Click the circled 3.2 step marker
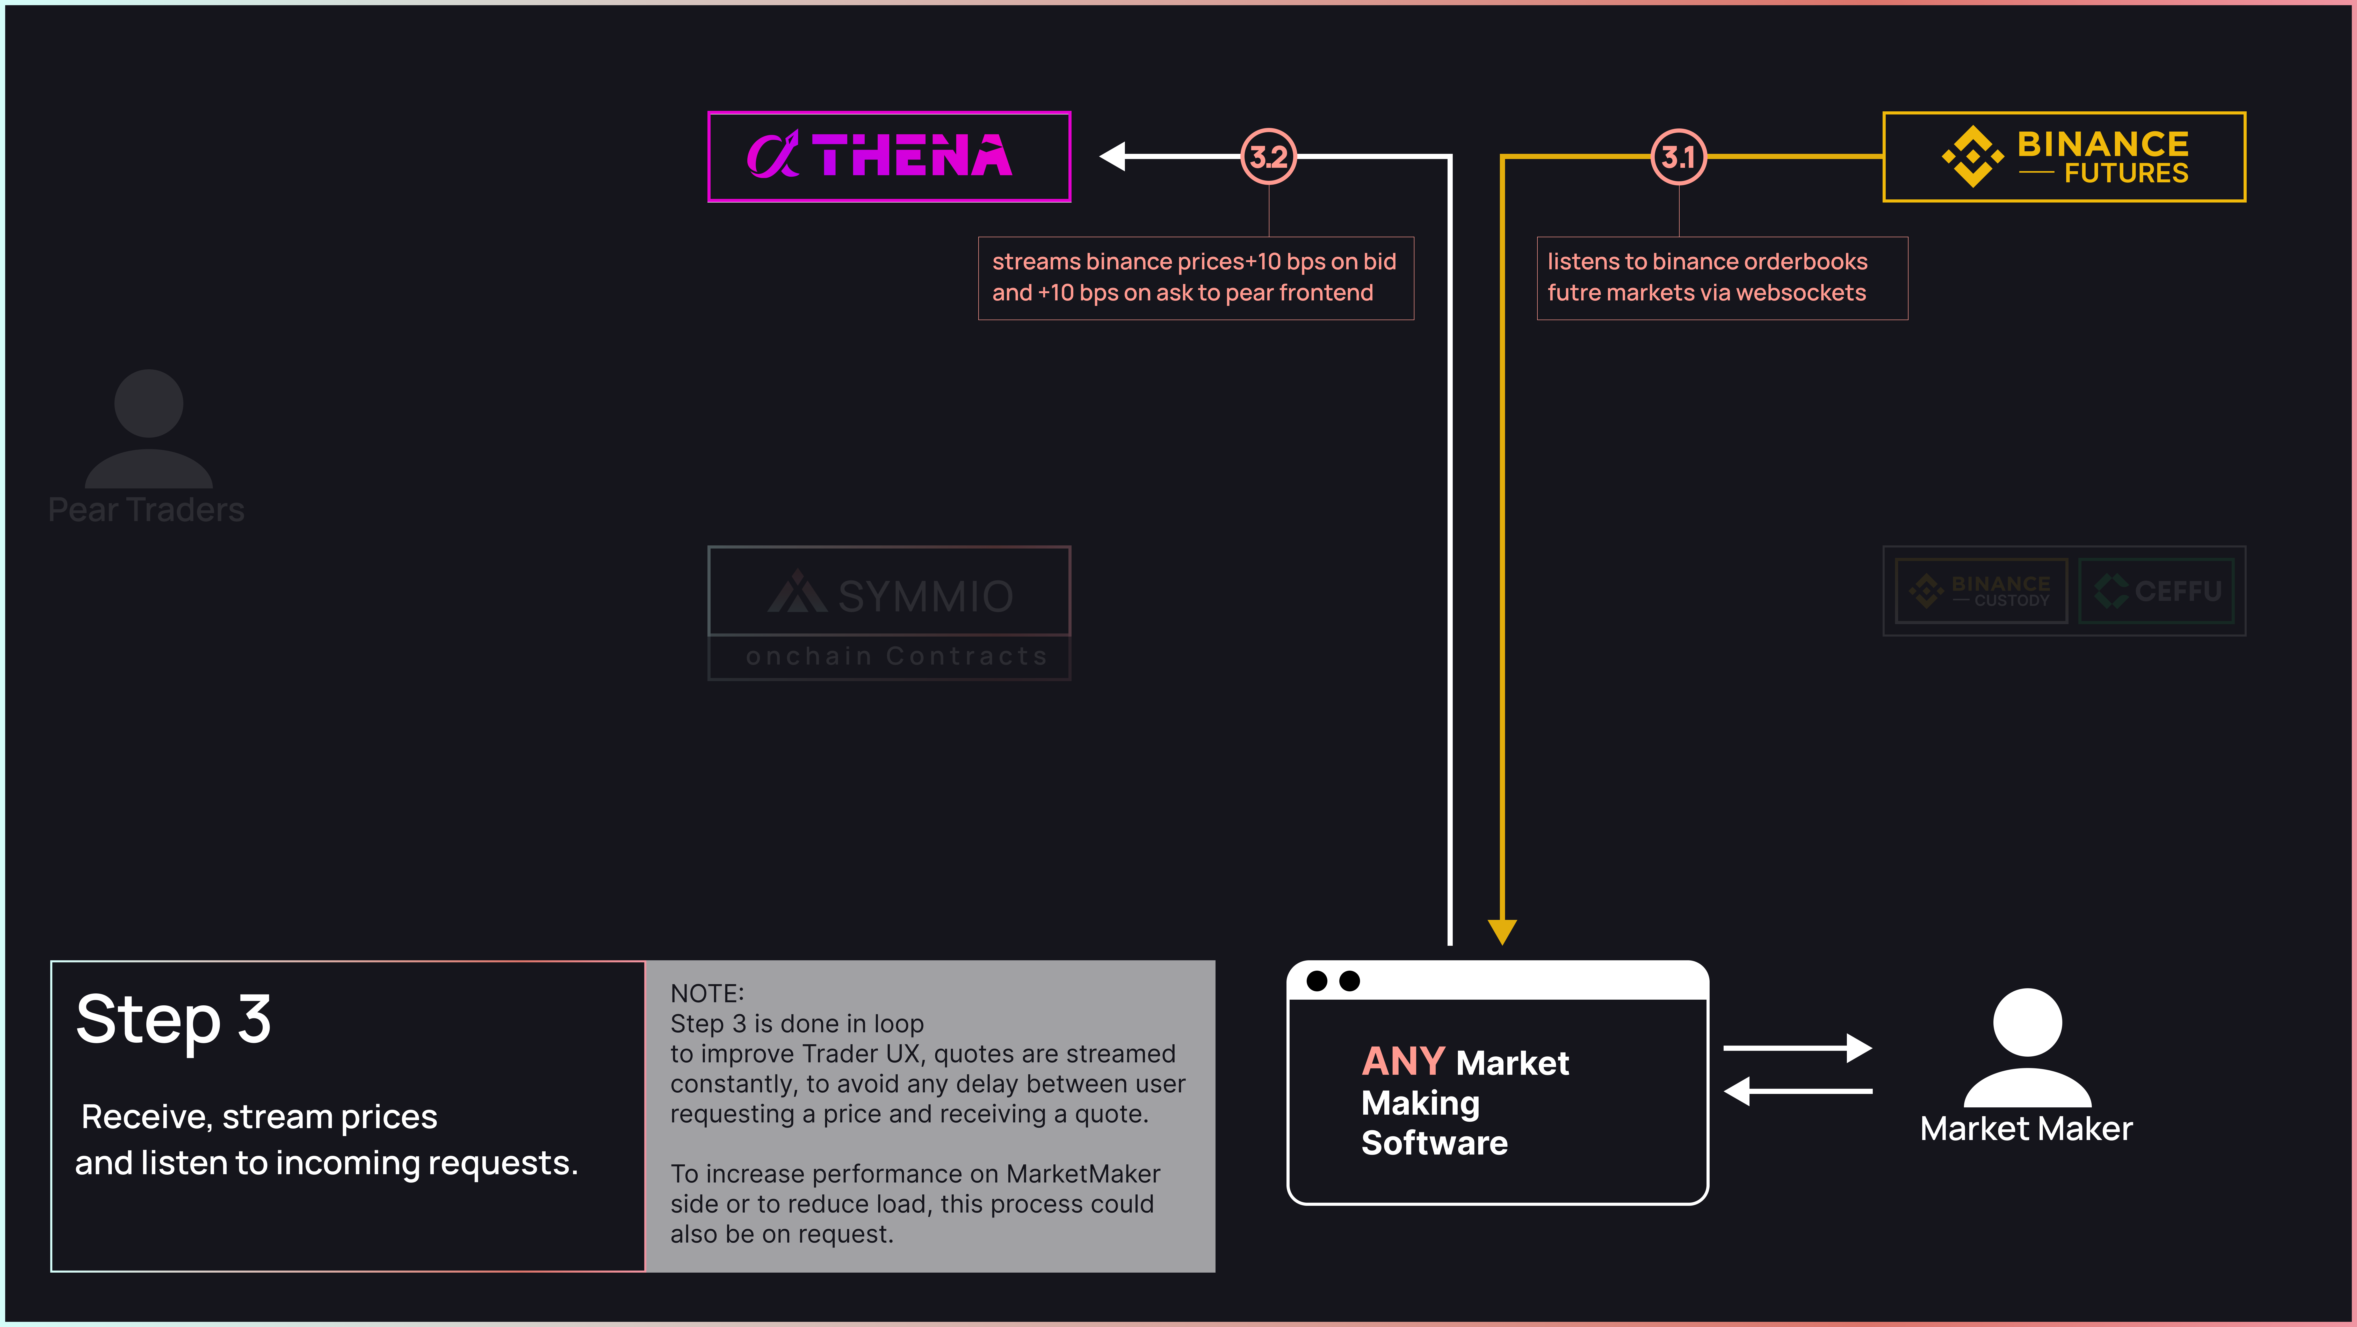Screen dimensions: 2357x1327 1268,156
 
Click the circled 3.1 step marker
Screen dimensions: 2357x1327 1678,156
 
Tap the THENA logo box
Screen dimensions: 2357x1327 889,156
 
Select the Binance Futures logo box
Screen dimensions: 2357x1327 2064,156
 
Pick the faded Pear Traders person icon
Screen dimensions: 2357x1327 148,428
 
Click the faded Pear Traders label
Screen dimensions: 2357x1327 146,510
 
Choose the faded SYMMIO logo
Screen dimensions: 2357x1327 889,595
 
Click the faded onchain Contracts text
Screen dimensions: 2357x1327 897,656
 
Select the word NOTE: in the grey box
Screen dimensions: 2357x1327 707,994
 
